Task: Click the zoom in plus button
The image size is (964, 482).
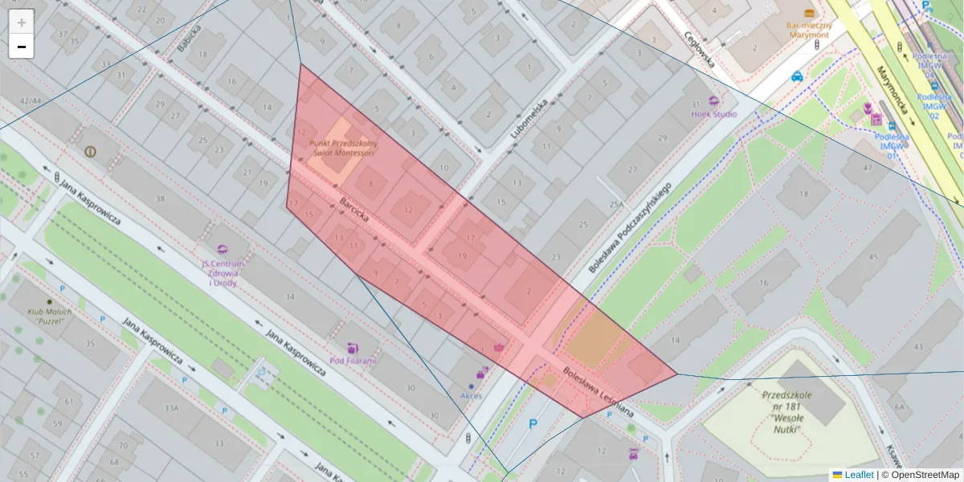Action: tap(22, 22)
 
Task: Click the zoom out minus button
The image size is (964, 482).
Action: tap(22, 47)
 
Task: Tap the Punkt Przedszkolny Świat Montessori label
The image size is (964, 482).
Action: tap(343, 148)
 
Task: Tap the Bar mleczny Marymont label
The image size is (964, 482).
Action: tap(809, 29)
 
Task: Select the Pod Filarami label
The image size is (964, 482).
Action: tap(353, 361)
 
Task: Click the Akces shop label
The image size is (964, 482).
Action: tap(472, 395)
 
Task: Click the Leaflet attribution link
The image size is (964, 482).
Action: tap(859, 475)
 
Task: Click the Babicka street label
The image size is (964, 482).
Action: tap(190, 37)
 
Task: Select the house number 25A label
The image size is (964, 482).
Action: tap(616, 205)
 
